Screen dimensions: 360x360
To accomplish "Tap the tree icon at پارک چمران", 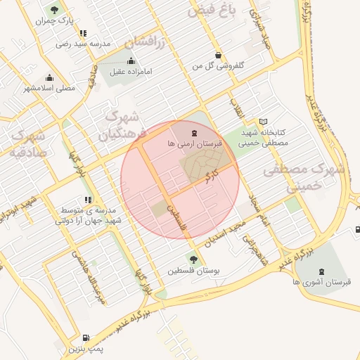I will pyautogui.click(x=54, y=9).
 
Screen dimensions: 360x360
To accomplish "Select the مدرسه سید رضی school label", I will pyautogui.click(x=84, y=44).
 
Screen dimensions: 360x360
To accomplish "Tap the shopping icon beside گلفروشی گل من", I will pyautogui.click(x=219, y=55).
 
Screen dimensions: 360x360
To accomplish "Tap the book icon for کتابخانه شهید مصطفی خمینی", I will pyautogui.click(x=264, y=122).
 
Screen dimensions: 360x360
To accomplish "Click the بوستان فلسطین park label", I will pyautogui.click(x=192, y=270).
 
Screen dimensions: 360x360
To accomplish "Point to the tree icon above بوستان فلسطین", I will pyautogui.click(x=193, y=259).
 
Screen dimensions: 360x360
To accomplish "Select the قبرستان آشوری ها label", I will pyautogui.click(x=322, y=282).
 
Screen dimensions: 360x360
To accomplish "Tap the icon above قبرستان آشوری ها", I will pyautogui.click(x=322, y=271).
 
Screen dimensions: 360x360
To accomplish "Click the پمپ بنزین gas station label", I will pyautogui.click(x=86, y=349).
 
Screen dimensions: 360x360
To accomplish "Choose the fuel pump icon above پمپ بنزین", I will pyautogui.click(x=86, y=337).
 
